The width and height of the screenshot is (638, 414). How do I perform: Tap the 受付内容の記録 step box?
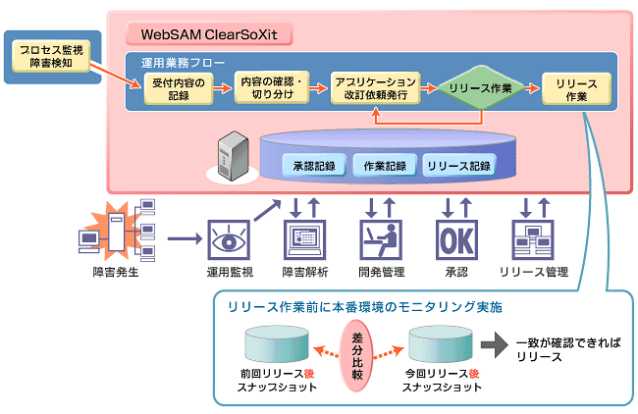[x=178, y=89]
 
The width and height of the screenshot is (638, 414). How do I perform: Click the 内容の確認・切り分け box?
[x=274, y=89]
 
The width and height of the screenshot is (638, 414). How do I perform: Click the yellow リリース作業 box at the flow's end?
[x=576, y=89]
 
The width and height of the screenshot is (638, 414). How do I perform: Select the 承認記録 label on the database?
[x=313, y=165]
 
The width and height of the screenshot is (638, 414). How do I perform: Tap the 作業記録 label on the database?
[x=384, y=165]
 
